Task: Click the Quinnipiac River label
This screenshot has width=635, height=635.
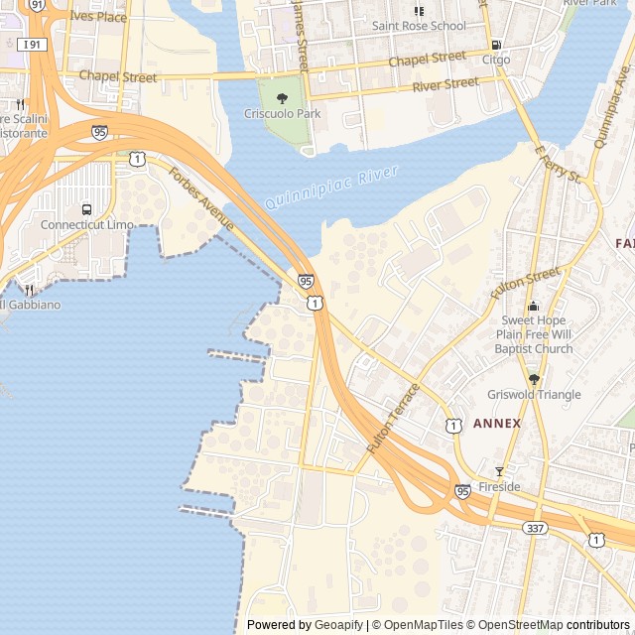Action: tap(331, 189)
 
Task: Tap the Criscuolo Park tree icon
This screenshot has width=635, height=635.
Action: tap(283, 98)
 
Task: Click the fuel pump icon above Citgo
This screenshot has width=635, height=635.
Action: tap(496, 45)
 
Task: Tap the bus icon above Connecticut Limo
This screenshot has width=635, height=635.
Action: tap(87, 209)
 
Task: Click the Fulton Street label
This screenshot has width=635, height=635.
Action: tap(525, 284)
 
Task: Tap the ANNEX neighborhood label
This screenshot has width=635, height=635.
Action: tap(496, 424)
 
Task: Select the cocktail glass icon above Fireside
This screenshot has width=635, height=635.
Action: tap(499, 471)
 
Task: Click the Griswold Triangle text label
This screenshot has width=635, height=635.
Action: tap(534, 395)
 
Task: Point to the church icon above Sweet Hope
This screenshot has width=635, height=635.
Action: tap(534, 306)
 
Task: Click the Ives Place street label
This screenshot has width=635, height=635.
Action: tap(98, 17)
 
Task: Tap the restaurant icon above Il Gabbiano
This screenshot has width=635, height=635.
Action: tap(29, 290)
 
